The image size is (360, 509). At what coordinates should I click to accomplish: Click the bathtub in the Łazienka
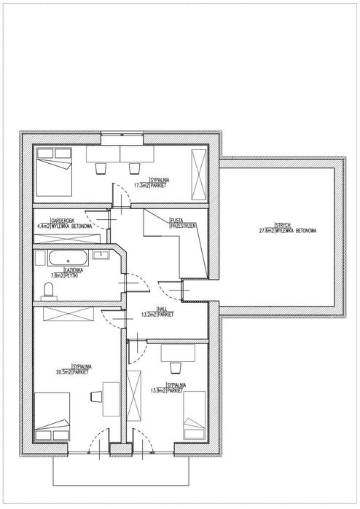tap(67, 258)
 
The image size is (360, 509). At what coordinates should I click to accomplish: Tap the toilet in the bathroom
tap(48, 291)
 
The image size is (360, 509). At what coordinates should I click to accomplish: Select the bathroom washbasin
tap(101, 255)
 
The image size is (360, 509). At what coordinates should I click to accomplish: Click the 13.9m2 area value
tap(156, 390)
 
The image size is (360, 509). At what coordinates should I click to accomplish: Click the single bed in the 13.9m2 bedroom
tap(192, 415)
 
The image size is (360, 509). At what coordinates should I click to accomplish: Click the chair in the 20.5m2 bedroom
tap(95, 396)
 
